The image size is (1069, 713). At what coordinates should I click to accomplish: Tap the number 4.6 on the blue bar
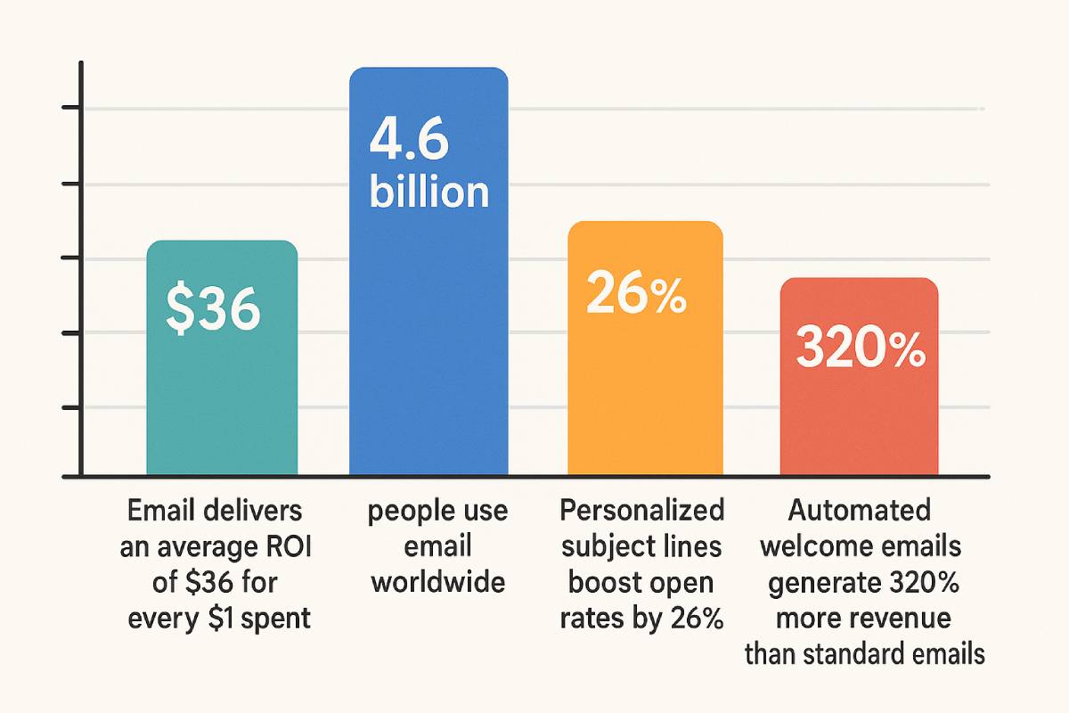[410, 142]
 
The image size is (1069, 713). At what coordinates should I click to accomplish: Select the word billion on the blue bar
[429, 192]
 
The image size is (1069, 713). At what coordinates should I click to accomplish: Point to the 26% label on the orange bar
[637, 294]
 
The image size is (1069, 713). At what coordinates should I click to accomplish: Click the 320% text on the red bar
[860, 349]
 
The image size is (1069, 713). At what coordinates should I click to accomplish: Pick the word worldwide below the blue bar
[438, 582]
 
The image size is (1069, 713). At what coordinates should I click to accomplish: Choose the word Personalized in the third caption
[642, 511]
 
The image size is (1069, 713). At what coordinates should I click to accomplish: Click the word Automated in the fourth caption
[860, 511]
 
